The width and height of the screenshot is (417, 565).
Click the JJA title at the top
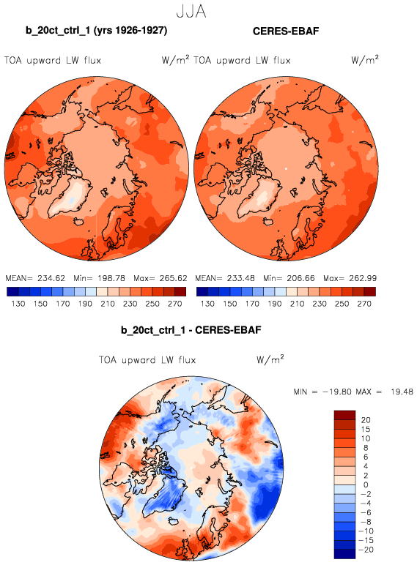[191, 12]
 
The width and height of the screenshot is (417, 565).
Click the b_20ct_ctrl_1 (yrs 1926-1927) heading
[96, 31]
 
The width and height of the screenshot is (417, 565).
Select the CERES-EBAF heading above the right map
[286, 31]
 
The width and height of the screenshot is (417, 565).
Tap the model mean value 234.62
[51, 278]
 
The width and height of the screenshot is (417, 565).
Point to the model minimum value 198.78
[111, 278]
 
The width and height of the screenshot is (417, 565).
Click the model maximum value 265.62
[173, 278]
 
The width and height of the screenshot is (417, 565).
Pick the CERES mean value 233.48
[240, 278]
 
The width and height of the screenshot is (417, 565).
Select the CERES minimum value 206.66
[301, 278]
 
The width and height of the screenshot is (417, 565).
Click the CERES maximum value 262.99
[363, 278]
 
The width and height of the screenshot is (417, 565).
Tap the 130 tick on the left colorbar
[18, 304]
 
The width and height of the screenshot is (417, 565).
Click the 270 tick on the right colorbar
[364, 304]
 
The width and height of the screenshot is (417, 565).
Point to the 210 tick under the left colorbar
[108, 304]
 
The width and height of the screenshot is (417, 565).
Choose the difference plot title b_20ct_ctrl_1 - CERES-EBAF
[191, 330]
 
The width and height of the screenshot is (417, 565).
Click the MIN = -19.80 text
[322, 392]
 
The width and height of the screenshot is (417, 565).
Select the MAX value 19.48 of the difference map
[402, 392]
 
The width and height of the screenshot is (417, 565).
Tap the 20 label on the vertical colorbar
[366, 420]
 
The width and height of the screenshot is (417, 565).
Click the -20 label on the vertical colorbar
[366, 550]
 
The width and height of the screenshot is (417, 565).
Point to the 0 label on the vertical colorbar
[366, 485]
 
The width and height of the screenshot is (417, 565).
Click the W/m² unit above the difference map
[270, 359]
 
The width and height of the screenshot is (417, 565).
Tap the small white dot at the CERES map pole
[286, 168]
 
